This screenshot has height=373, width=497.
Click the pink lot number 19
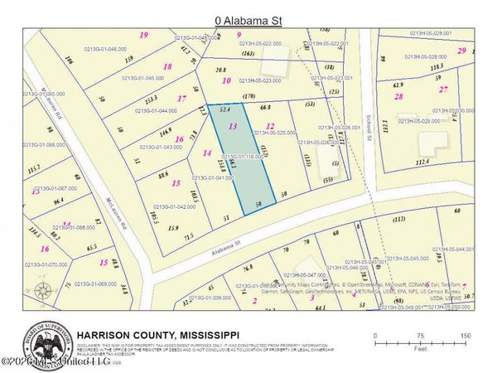(143, 35)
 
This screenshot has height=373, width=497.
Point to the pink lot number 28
(398, 96)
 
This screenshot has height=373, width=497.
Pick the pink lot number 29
(461, 51)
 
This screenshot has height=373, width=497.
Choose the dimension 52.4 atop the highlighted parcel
(224, 109)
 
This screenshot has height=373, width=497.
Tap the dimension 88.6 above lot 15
(163, 175)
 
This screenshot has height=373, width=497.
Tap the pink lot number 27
(444, 88)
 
